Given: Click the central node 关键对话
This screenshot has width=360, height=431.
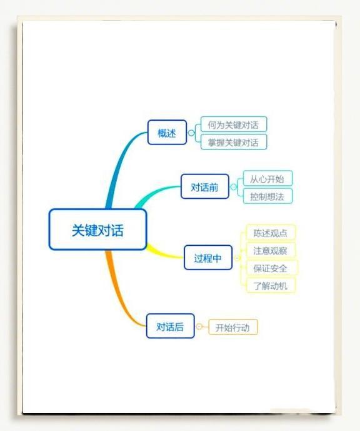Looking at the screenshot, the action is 97,230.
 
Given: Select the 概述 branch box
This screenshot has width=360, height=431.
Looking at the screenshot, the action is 167,133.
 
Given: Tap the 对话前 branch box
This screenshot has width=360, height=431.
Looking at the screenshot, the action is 205,186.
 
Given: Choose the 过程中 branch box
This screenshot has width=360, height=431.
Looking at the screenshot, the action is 208,258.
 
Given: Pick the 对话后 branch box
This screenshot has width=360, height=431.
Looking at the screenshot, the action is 170,326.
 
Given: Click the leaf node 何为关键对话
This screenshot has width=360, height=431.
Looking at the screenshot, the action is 234,124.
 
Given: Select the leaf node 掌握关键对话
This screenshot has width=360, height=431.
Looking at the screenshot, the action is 234,142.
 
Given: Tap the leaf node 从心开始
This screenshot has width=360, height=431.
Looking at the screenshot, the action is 267,178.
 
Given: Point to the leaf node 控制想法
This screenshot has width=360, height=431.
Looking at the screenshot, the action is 267,196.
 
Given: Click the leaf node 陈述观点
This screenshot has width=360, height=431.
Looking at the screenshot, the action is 271,233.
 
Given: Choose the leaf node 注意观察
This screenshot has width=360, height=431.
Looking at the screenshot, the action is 271,250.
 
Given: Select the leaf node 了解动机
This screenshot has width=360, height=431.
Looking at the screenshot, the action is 271,285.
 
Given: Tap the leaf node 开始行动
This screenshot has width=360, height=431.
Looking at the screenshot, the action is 233,327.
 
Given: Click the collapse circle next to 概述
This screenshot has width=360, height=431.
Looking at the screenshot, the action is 191,133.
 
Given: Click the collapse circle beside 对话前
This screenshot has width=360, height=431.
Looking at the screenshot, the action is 233,187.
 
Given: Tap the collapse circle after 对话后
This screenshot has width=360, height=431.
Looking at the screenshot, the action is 199,327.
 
